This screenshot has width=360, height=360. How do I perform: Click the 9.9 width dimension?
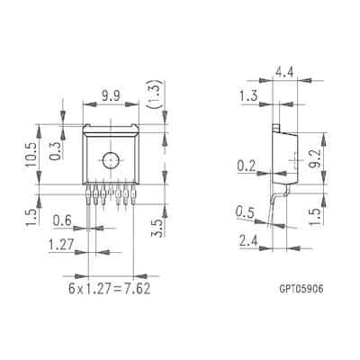[x=111, y=96]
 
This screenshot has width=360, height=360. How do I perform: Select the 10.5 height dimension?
[x=31, y=154]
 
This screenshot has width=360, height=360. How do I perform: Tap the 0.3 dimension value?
[x=56, y=150]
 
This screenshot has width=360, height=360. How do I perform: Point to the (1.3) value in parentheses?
[x=155, y=94]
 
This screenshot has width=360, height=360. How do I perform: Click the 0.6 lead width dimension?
[x=62, y=220]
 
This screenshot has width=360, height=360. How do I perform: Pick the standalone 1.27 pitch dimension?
[x=61, y=245]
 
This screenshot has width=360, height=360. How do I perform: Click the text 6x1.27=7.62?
[x=109, y=289]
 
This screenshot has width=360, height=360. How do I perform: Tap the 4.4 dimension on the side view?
[x=285, y=73]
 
